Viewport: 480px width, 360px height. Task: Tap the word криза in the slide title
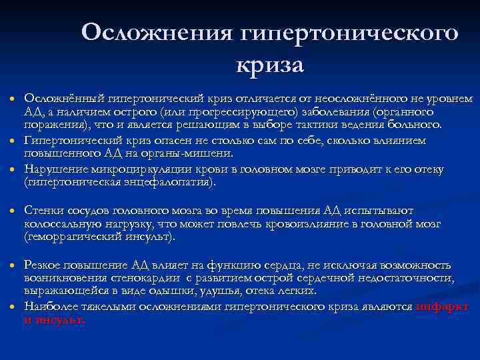[269, 66]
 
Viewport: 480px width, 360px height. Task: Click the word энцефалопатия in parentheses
[170, 182]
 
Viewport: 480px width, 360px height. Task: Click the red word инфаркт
[442, 307]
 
